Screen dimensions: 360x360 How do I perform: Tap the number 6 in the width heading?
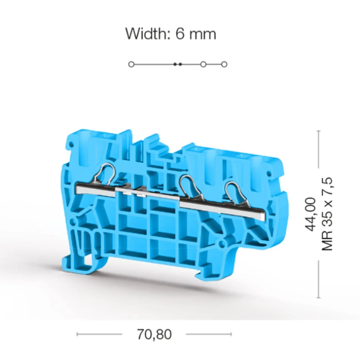(x=180, y=34)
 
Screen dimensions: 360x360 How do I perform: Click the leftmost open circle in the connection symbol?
(x=131, y=64)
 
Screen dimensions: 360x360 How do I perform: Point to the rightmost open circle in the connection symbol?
(x=224, y=64)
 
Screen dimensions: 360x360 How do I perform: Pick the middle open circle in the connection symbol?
(x=204, y=64)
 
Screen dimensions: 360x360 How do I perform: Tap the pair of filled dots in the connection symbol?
(x=178, y=64)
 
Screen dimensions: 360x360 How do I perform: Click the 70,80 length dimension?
(x=154, y=334)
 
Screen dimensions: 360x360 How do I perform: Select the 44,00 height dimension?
(x=310, y=214)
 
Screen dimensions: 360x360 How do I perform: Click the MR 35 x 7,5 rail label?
(x=327, y=214)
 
